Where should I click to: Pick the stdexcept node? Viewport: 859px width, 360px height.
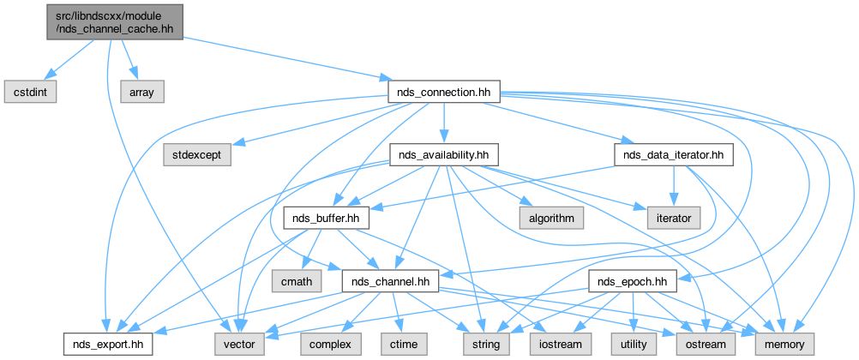(x=196, y=155)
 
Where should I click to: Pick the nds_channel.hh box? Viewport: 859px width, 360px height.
(x=390, y=280)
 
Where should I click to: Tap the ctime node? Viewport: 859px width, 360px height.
(x=405, y=344)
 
